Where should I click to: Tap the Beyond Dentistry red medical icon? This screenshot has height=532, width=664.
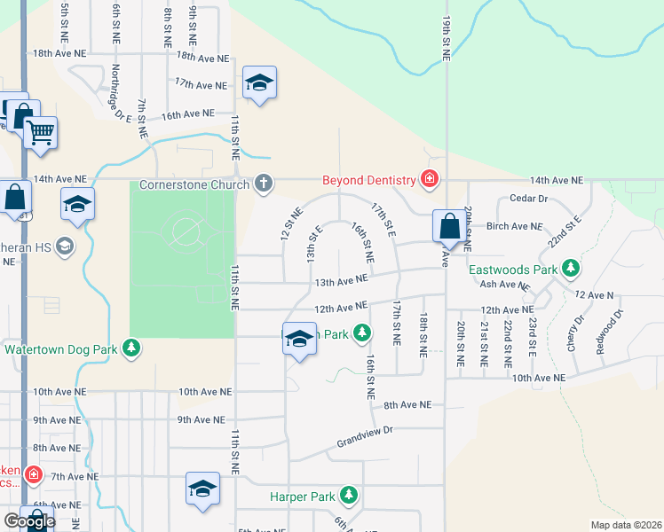pyautogui.click(x=430, y=180)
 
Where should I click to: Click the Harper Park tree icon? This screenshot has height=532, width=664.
pyautogui.click(x=350, y=495)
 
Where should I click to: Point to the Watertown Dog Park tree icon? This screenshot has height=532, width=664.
pyautogui.click(x=131, y=348)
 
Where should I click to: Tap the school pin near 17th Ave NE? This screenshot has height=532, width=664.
pyautogui.click(x=259, y=83)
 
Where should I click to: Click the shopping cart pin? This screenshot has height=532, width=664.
pyautogui.click(x=40, y=133)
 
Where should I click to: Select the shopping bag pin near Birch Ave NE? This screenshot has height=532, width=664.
pyautogui.click(x=450, y=226)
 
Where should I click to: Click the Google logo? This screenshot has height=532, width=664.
pyautogui.click(x=29, y=521)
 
